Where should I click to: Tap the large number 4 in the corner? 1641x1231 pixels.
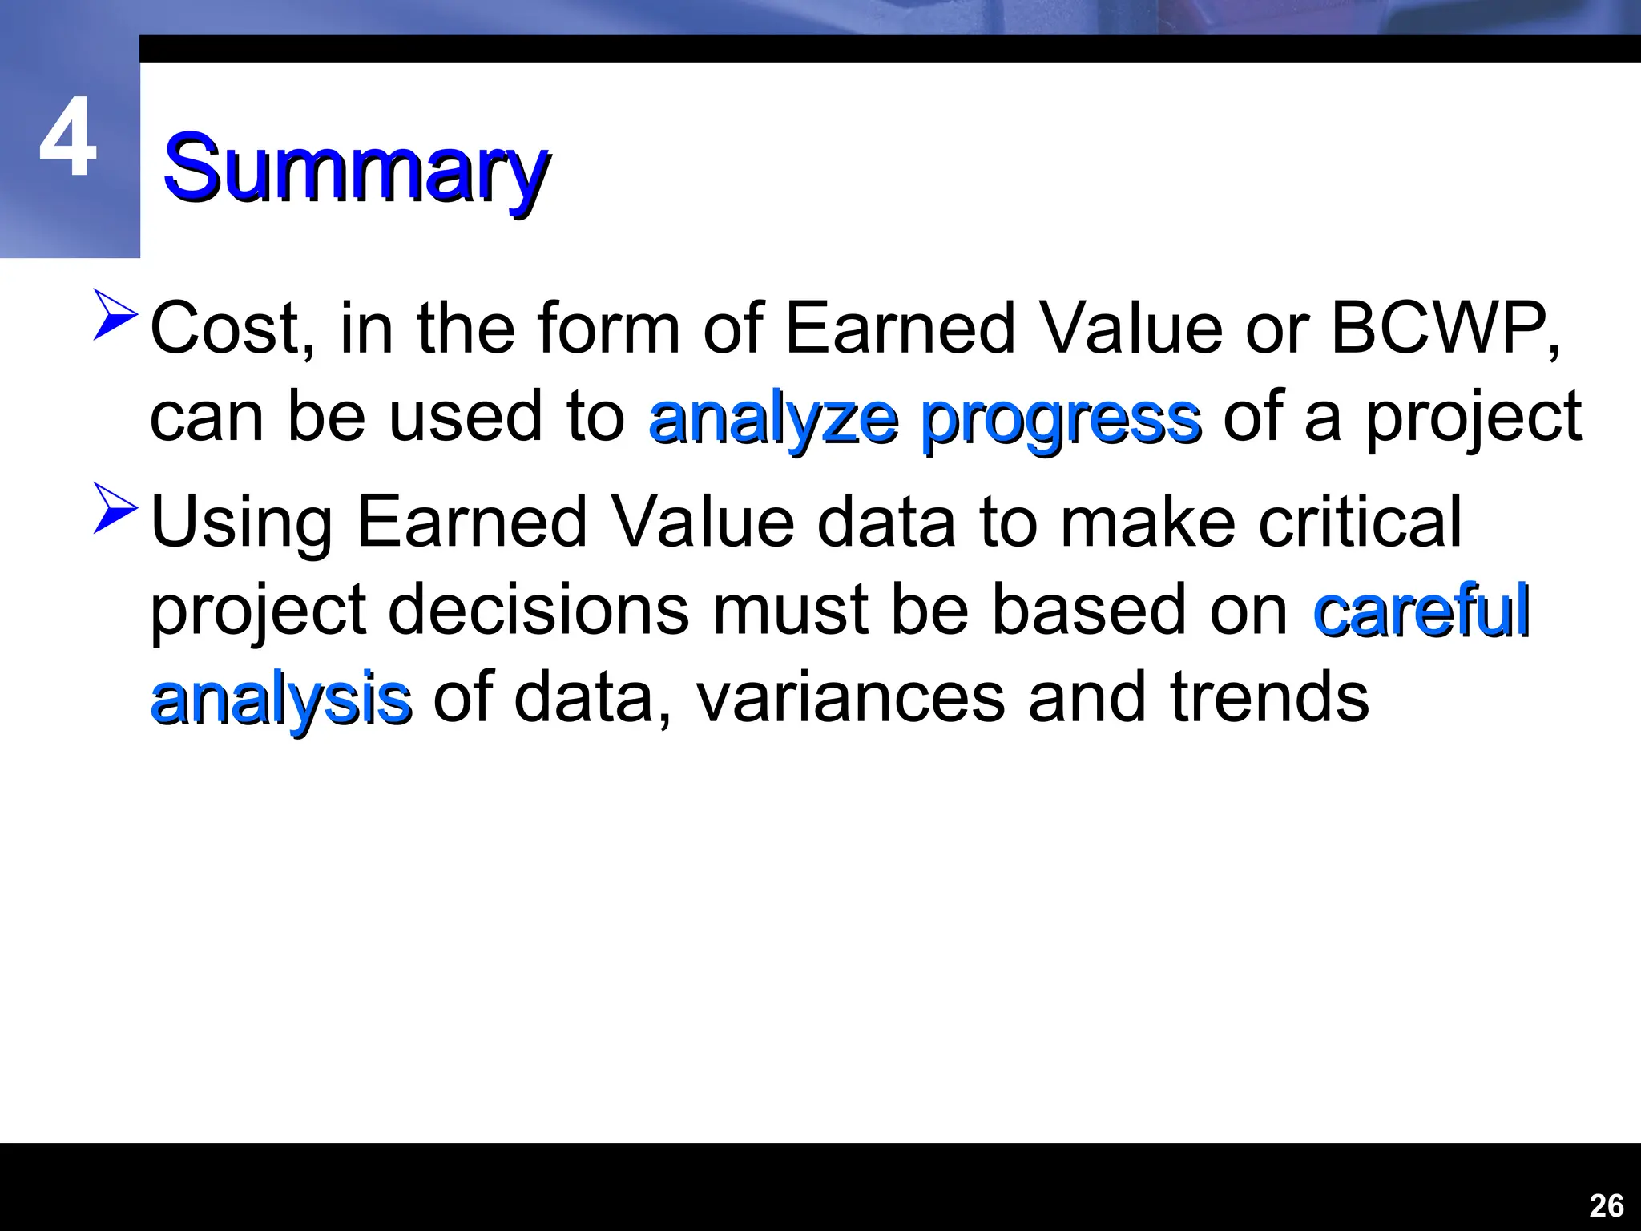click(x=68, y=138)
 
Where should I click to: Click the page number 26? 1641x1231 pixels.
click(x=1606, y=1205)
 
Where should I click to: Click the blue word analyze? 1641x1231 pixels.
click(x=773, y=418)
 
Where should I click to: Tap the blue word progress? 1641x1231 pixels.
click(x=1061, y=420)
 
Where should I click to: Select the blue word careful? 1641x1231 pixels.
click(x=1421, y=611)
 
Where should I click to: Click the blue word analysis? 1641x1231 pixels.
click(x=281, y=700)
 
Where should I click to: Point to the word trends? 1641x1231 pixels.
click(x=1269, y=697)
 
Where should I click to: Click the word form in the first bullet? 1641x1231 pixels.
click(x=609, y=329)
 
